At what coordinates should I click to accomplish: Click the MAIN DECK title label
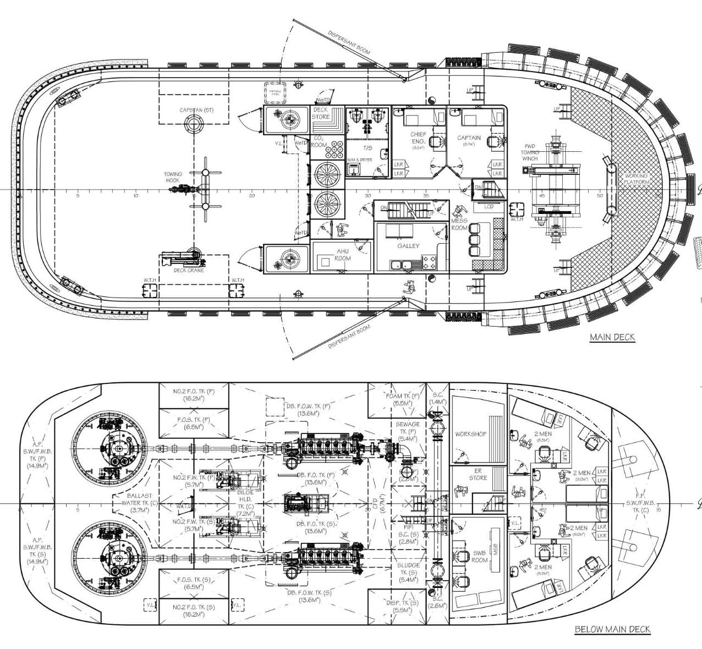point(612,337)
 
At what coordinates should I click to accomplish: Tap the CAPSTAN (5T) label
point(196,111)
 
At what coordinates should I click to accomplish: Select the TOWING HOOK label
point(173,178)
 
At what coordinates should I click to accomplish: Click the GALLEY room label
point(408,246)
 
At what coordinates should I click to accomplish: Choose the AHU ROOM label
point(343,254)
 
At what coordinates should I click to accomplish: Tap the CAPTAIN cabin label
point(469,138)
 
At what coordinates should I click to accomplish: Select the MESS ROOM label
point(459,224)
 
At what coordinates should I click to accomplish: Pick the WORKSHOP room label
point(470,434)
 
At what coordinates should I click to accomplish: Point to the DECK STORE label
point(320,113)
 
